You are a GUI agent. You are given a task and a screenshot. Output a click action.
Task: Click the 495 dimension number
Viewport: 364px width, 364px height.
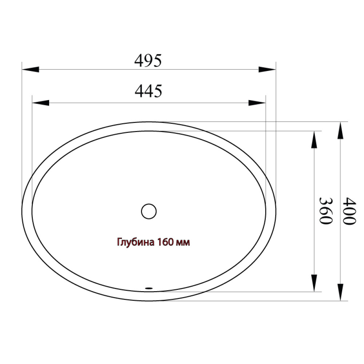click(148, 60)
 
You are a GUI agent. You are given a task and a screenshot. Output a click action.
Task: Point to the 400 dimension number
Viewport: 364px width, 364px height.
click(349, 211)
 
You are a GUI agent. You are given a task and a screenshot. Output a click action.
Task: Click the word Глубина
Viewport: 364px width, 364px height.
click(135, 242)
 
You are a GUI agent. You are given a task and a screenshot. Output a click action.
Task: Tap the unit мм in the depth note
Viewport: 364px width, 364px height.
click(183, 243)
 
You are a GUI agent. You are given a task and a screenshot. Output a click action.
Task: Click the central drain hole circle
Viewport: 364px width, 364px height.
click(149, 211)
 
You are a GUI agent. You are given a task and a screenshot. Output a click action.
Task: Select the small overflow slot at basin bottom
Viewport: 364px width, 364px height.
click(149, 288)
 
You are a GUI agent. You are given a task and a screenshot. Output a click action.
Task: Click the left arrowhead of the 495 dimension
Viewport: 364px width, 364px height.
click(31, 70)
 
